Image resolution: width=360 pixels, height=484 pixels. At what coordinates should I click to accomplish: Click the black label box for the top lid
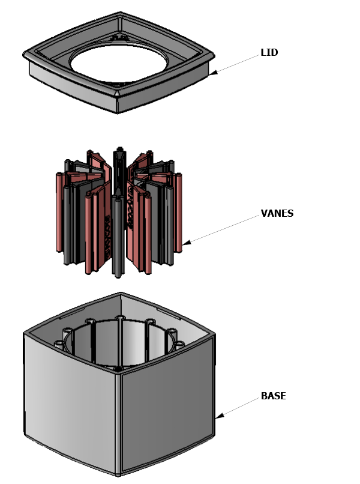(x=269, y=53)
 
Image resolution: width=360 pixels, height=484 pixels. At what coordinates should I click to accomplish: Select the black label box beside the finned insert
(x=277, y=213)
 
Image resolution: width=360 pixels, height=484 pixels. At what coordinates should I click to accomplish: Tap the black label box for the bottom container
(x=273, y=396)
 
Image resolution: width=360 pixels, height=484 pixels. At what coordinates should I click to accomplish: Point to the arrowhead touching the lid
(x=212, y=74)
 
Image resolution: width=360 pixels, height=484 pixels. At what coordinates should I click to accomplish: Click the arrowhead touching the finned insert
(x=185, y=244)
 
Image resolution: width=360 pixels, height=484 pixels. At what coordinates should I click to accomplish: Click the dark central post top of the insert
(x=120, y=150)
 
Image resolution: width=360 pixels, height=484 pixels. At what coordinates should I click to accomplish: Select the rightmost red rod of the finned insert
(x=179, y=216)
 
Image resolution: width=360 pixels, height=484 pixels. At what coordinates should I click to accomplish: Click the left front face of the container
(x=69, y=408)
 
